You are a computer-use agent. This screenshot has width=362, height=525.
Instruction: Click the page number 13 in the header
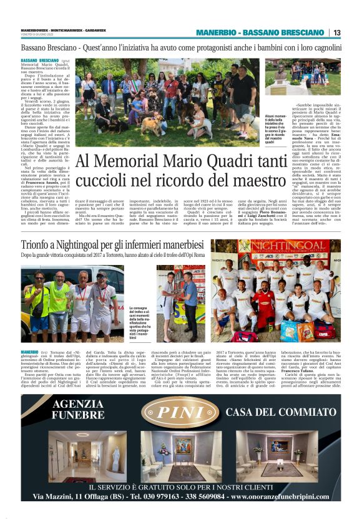click(x=336, y=32)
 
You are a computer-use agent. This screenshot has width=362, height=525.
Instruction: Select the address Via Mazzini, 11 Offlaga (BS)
click(x=77, y=497)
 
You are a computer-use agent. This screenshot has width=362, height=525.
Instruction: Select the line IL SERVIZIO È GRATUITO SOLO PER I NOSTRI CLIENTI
click(x=180, y=486)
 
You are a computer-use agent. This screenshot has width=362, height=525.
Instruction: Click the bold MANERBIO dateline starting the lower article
click(x=29, y=352)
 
